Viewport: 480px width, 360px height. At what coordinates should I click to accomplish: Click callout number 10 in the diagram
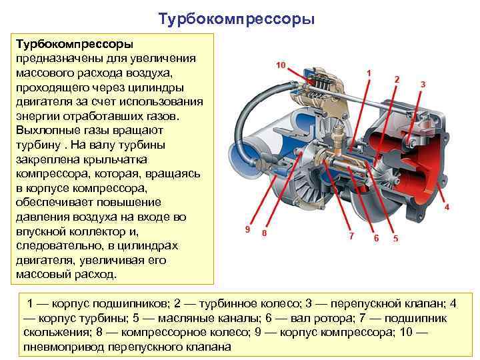(281, 65)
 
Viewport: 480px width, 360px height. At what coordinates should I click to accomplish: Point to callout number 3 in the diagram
(422, 85)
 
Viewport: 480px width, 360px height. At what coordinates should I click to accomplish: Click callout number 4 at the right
(446, 207)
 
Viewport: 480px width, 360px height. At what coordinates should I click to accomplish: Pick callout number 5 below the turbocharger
(395, 239)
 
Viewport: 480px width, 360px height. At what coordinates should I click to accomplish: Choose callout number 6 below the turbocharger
(376, 237)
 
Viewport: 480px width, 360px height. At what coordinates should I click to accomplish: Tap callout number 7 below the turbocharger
(352, 235)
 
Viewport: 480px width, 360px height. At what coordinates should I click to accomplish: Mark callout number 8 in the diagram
(265, 234)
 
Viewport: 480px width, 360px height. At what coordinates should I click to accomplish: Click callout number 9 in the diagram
(247, 229)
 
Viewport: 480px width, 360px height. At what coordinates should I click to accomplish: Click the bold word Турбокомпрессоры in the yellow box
(73, 44)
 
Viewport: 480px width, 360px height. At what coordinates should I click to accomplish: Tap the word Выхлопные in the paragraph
(45, 131)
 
